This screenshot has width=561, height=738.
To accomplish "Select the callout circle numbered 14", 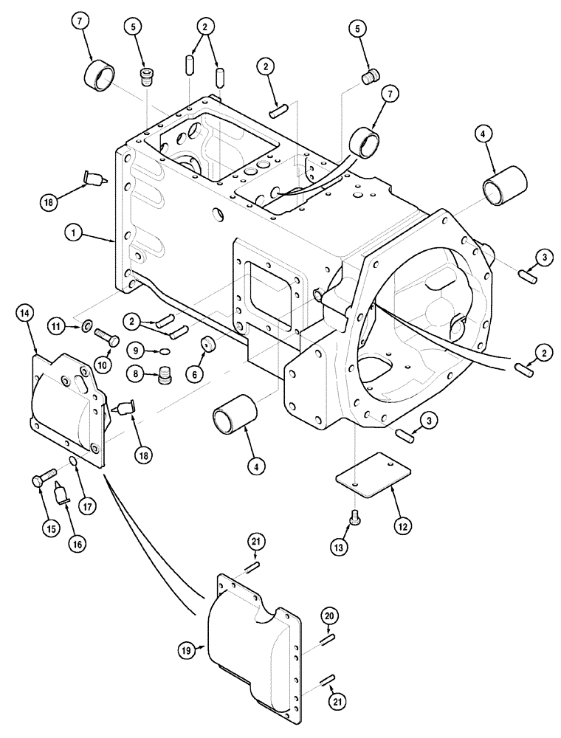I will (x=25, y=314).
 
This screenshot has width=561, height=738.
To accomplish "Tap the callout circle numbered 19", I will (x=185, y=650).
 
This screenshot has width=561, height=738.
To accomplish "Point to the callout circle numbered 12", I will (x=403, y=526).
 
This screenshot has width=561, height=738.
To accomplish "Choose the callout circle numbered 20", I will (x=329, y=615).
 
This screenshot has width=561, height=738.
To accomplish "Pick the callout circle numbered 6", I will (x=196, y=374).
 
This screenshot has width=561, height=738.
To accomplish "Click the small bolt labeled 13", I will (x=354, y=517).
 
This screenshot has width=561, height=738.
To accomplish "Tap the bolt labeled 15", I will (x=41, y=479).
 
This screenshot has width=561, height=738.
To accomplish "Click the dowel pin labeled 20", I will (x=327, y=638).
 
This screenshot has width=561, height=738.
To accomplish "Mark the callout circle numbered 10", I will (x=102, y=363).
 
